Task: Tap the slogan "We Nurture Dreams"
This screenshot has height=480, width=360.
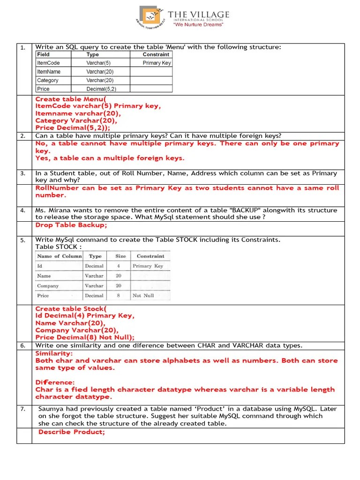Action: tap(199, 25)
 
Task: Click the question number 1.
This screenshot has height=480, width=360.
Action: tap(22, 47)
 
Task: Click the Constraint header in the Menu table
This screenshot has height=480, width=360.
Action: tap(156, 54)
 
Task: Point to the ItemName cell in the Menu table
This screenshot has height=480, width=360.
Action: tap(49, 72)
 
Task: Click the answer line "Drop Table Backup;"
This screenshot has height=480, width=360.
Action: tap(71, 225)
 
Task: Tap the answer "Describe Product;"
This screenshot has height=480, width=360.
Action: tap(72, 432)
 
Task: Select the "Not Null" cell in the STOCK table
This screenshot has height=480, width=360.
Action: tap(143, 296)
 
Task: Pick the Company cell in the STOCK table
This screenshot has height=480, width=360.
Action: tap(48, 286)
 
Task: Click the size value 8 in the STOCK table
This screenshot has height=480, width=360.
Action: tap(119, 296)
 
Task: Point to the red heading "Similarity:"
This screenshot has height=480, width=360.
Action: tap(54, 353)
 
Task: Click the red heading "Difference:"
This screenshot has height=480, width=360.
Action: tap(55, 382)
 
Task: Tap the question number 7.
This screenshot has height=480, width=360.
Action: tap(22, 409)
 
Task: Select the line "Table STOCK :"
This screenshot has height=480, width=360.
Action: tap(59, 247)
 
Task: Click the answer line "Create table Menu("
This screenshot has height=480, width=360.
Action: tap(71, 99)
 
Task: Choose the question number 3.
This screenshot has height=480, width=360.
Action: tap(22, 173)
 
